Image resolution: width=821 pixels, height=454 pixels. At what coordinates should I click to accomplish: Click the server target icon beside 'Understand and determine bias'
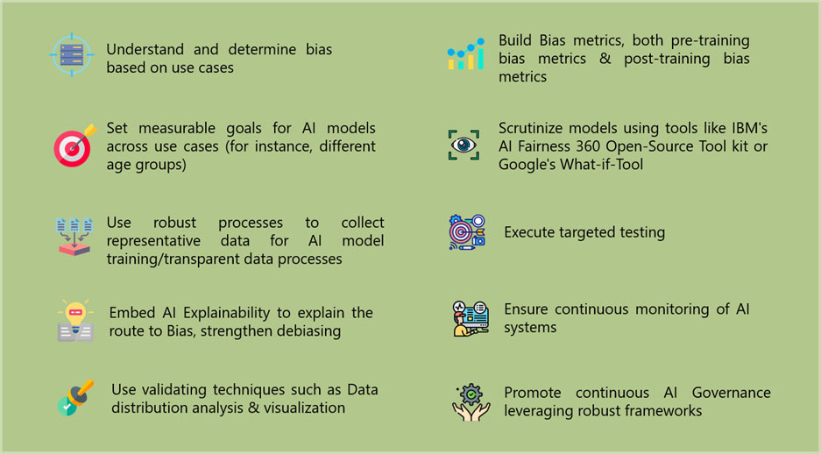pyautogui.click(x=71, y=55)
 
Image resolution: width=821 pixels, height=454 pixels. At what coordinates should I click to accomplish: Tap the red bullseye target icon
pyautogui.click(x=73, y=146)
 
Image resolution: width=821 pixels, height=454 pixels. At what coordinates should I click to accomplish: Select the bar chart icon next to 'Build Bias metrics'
pyautogui.click(x=464, y=54)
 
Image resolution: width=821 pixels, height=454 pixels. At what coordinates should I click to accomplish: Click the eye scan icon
pyautogui.click(x=464, y=145)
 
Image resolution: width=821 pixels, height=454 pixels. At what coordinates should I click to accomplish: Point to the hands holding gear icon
pyautogui.click(x=471, y=401)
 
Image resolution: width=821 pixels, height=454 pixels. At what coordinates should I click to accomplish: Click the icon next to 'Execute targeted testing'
pyautogui.click(x=467, y=232)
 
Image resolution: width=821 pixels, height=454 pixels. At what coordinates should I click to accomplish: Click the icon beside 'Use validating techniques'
pyautogui.click(x=75, y=398)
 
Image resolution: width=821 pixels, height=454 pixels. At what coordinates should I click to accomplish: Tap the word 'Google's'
pyautogui.click(x=529, y=164)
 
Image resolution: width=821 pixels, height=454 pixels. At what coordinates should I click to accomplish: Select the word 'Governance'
pyautogui.click(x=731, y=392)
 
